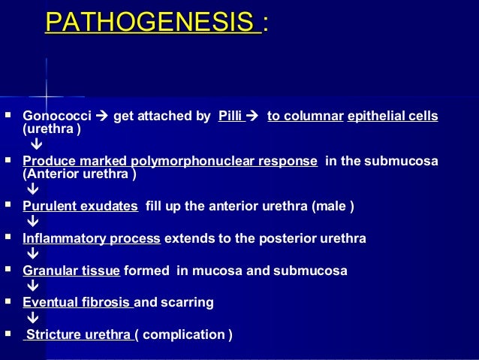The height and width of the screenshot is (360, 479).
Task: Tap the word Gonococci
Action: (56, 116)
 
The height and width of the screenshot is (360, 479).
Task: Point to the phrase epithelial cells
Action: (393, 116)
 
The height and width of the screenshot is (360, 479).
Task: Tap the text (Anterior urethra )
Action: (80, 174)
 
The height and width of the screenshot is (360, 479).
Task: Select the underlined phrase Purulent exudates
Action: (80, 205)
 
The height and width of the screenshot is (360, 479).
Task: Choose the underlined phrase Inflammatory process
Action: (92, 238)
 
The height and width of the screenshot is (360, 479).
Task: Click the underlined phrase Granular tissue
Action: (72, 271)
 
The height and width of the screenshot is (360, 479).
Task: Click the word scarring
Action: (188, 302)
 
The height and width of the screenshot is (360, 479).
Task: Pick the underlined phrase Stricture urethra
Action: (79, 334)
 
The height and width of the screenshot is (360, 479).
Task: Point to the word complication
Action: (183, 334)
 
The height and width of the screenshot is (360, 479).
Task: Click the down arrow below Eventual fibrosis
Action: (33, 318)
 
